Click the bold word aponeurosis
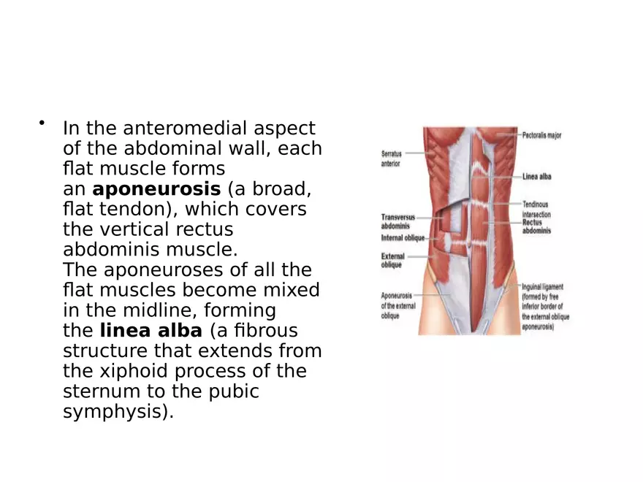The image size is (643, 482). [156, 189]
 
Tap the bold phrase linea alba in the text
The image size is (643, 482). [151, 330]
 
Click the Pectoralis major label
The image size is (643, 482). [541, 136]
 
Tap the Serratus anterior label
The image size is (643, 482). [391, 158]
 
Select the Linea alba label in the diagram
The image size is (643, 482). [536, 177]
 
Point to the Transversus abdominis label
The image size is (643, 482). [399, 221]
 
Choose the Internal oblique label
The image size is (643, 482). [403, 238]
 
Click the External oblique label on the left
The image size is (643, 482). [392, 261]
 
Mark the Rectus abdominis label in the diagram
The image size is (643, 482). [536, 226]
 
